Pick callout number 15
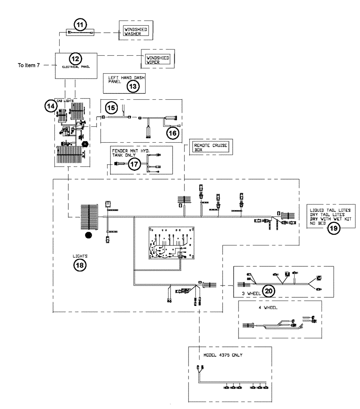(109, 107)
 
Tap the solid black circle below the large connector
(88, 236)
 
